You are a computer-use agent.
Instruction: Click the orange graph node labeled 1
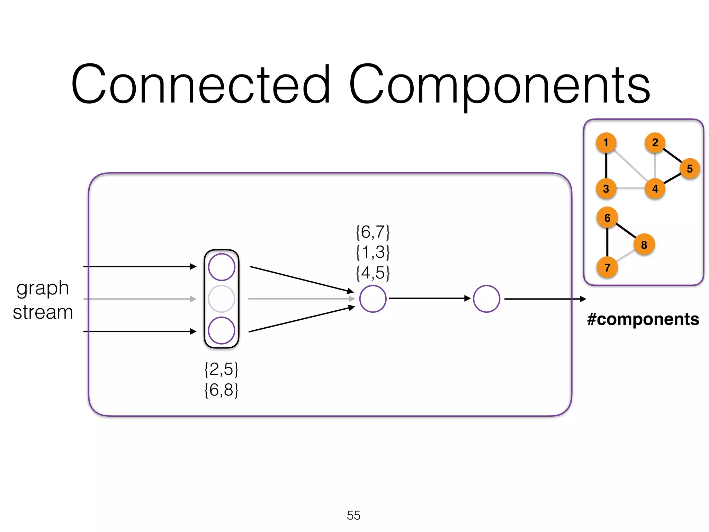pyautogui.click(x=606, y=142)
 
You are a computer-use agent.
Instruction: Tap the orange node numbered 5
pyautogui.click(x=690, y=169)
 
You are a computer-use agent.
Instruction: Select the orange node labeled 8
pyautogui.click(x=644, y=245)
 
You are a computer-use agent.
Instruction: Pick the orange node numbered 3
pyautogui.click(x=606, y=189)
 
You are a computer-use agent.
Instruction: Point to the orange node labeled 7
pyautogui.click(x=607, y=267)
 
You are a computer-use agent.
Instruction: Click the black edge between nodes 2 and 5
pyautogui.click(x=672, y=155)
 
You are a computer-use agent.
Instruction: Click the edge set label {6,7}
pyautogui.click(x=373, y=232)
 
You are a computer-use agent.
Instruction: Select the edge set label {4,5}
pyautogui.click(x=373, y=273)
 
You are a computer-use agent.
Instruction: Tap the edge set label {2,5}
pyautogui.click(x=221, y=369)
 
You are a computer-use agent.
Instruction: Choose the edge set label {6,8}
pyautogui.click(x=221, y=390)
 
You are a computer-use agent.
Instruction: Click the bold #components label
pyautogui.click(x=643, y=319)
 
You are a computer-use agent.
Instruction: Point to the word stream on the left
pyautogui.click(x=43, y=312)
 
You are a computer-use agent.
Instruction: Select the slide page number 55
pyautogui.click(x=353, y=515)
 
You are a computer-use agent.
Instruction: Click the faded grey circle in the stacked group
pyautogui.click(x=222, y=299)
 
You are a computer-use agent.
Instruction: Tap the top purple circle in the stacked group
pyautogui.click(x=222, y=267)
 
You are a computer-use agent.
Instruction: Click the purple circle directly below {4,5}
pyautogui.click(x=373, y=299)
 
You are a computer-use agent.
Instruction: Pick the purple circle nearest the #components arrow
pyautogui.click(x=486, y=299)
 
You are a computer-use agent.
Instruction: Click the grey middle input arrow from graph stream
pyautogui.click(x=138, y=299)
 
